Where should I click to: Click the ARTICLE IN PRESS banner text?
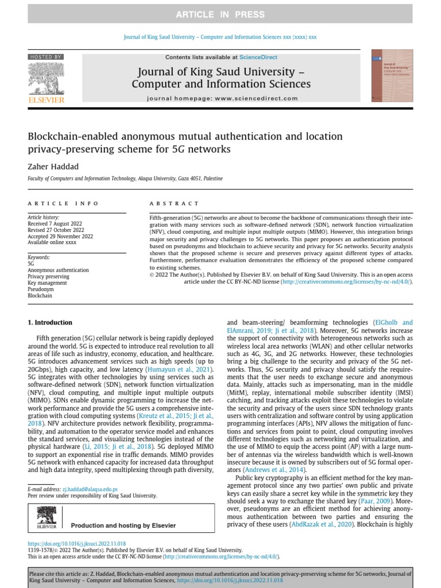[x=220, y=14]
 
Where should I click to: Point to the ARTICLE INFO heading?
[x=63, y=203]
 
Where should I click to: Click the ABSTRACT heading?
[x=174, y=203]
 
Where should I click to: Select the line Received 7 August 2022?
[x=55, y=223]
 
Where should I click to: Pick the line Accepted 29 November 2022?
[x=60, y=236]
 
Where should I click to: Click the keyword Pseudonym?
[x=40, y=289]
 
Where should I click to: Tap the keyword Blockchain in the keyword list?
[x=40, y=296]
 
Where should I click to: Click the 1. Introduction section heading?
[x=50, y=323]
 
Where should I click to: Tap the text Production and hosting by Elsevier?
[x=123, y=525]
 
